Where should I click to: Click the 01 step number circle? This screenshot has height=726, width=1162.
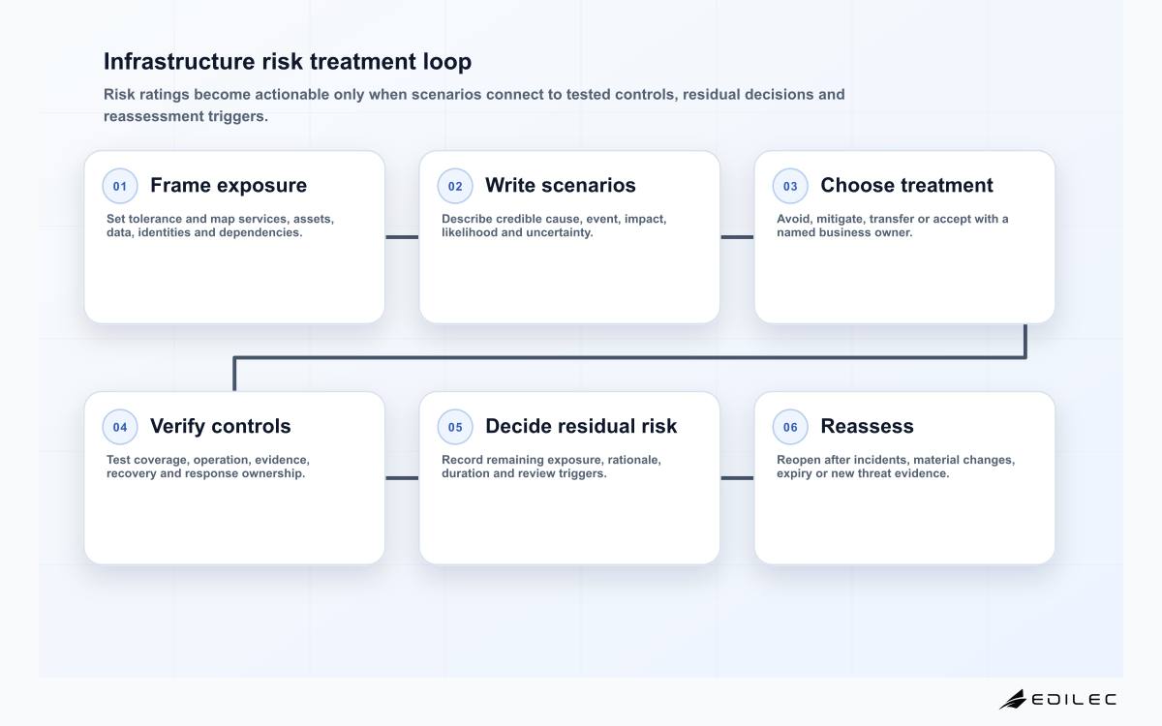coord(120,186)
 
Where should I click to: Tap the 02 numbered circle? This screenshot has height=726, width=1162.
coord(455,186)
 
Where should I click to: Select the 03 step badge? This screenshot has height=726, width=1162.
coord(790,186)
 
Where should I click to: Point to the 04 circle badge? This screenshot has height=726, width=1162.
coord(120,427)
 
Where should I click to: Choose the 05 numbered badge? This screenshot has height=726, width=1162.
coord(455,427)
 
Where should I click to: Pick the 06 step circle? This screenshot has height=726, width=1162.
coord(790,427)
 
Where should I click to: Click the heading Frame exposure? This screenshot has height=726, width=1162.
coord(229,185)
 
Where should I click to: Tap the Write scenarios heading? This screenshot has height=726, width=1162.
coord(561,185)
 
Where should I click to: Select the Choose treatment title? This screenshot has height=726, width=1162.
coord(906,185)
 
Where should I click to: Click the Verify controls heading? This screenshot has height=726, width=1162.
coord(221,426)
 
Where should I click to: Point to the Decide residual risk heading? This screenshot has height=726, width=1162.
coord(581,426)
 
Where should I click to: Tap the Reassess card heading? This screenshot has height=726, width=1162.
coord(867,426)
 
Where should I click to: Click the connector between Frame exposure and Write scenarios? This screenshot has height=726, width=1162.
coord(402,237)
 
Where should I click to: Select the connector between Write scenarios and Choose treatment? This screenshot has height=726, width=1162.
coord(737,237)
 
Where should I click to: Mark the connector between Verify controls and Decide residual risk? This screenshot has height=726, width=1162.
coord(402,478)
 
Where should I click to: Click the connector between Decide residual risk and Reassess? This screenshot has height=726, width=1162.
coord(737,478)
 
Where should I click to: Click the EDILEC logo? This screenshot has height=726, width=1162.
coord(1057,700)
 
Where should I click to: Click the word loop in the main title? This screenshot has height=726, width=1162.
coord(447,62)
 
